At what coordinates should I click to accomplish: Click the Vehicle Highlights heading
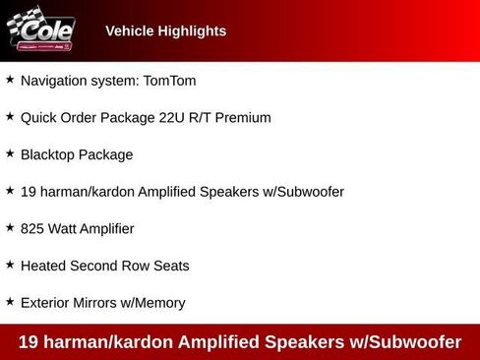tap(165, 30)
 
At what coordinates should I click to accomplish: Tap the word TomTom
tap(169, 80)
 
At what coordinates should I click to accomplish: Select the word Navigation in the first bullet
tap(54, 80)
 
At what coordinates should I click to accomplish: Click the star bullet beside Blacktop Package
tap(10, 153)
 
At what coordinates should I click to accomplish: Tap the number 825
tap(33, 228)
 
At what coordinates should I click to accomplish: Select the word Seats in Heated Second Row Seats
tap(170, 266)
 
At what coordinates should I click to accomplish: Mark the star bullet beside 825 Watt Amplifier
tap(10, 227)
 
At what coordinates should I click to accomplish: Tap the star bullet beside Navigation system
tap(10, 79)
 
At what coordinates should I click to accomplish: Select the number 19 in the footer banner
tap(30, 342)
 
